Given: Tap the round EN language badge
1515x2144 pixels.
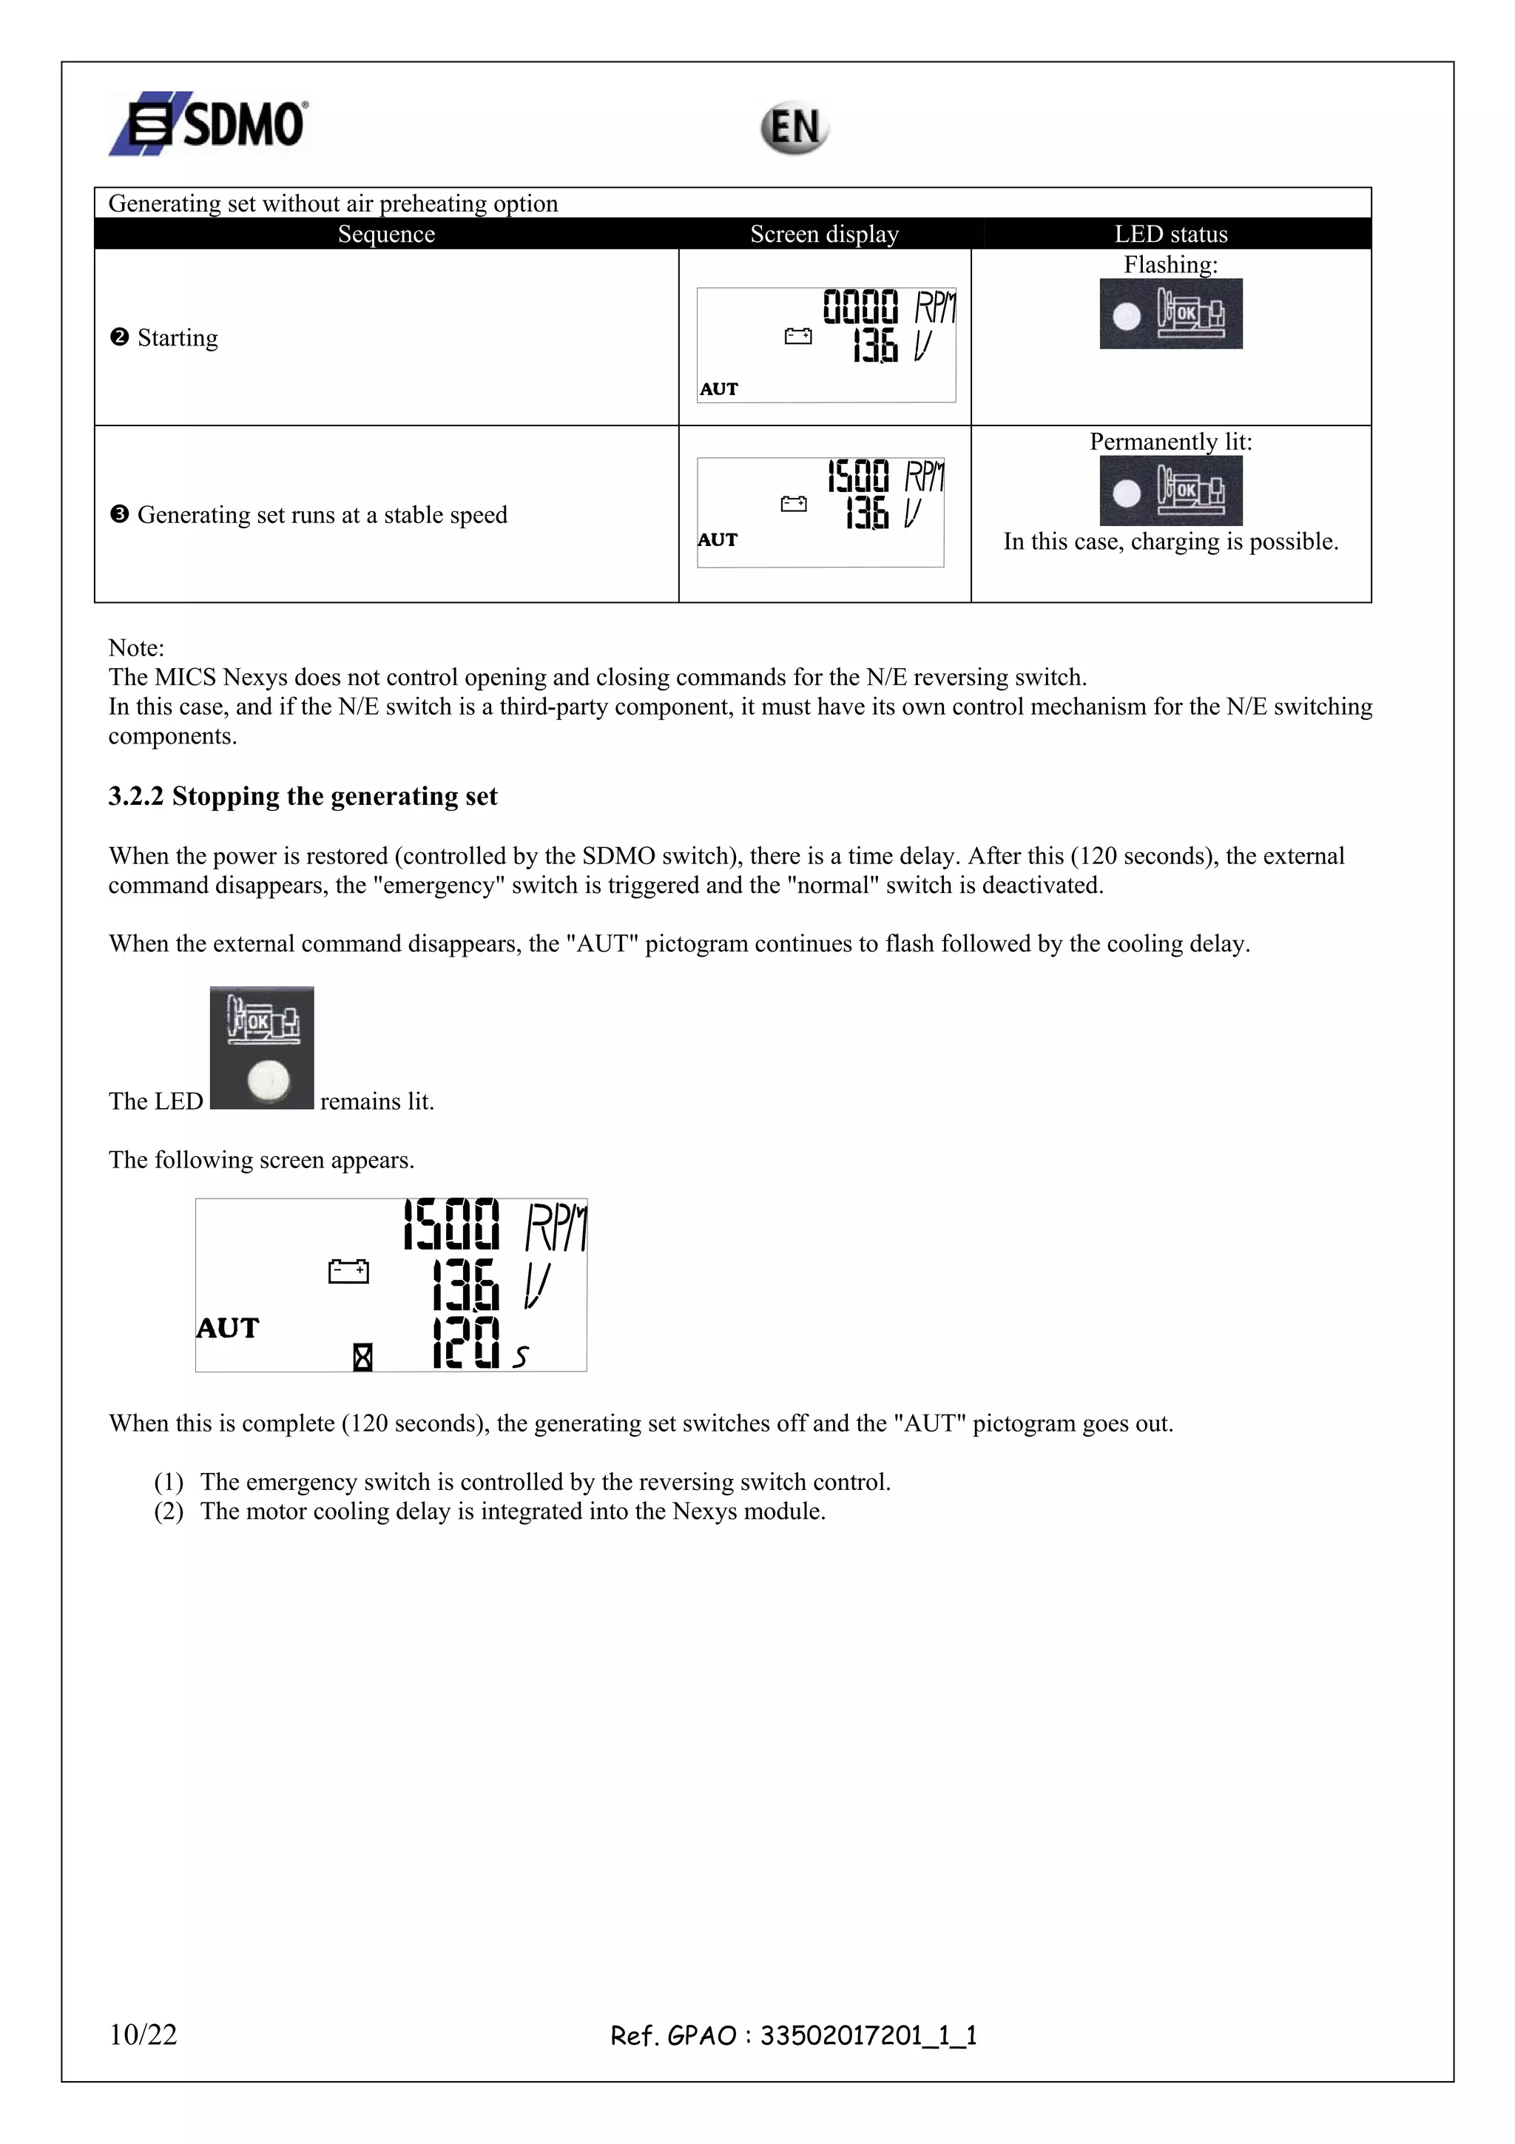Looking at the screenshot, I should (x=794, y=128).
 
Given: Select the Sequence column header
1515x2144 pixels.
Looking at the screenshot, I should (x=385, y=235).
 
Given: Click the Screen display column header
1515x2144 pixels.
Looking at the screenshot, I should (x=824, y=235).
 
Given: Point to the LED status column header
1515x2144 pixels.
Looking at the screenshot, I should (x=1170, y=235).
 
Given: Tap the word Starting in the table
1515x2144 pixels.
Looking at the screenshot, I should (x=178, y=337).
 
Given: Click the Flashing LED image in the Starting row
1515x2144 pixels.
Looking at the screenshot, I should (x=1170, y=314).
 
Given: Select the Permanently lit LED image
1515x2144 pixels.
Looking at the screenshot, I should (x=1170, y=491).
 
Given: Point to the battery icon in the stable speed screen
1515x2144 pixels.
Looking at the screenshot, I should (x=794, y=505).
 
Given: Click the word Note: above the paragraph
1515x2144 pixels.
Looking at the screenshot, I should (x=136, y=647).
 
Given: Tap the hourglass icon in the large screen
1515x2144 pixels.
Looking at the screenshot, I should (x=363, y=1357).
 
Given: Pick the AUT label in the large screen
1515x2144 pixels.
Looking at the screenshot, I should (x=228, y=1328).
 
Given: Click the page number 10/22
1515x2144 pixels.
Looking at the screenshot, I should (x=143, y=2034).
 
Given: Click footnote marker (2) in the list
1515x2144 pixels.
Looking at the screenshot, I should (x=169, y=1511).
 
